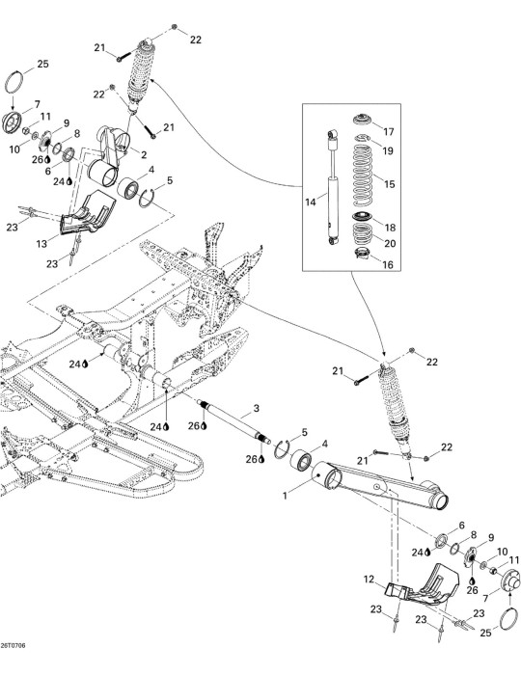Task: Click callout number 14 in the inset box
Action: [311, 202]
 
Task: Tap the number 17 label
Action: [389, 132]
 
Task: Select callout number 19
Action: [388, 150]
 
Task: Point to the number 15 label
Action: [389, 184]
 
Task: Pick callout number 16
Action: [388, 264]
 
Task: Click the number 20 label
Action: [390, 244]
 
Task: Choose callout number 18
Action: [390, 228]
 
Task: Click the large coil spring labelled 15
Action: [363, 175]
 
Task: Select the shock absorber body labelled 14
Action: [333, 187]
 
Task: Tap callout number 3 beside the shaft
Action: [257, 408]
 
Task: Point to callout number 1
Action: [285, 496]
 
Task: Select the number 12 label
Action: [369, 580]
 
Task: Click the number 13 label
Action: [41, 244]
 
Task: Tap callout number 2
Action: [144, 155]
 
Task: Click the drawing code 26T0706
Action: [13, 645]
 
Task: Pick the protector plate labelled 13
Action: [88, 213]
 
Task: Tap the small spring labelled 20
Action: [363, 233]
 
